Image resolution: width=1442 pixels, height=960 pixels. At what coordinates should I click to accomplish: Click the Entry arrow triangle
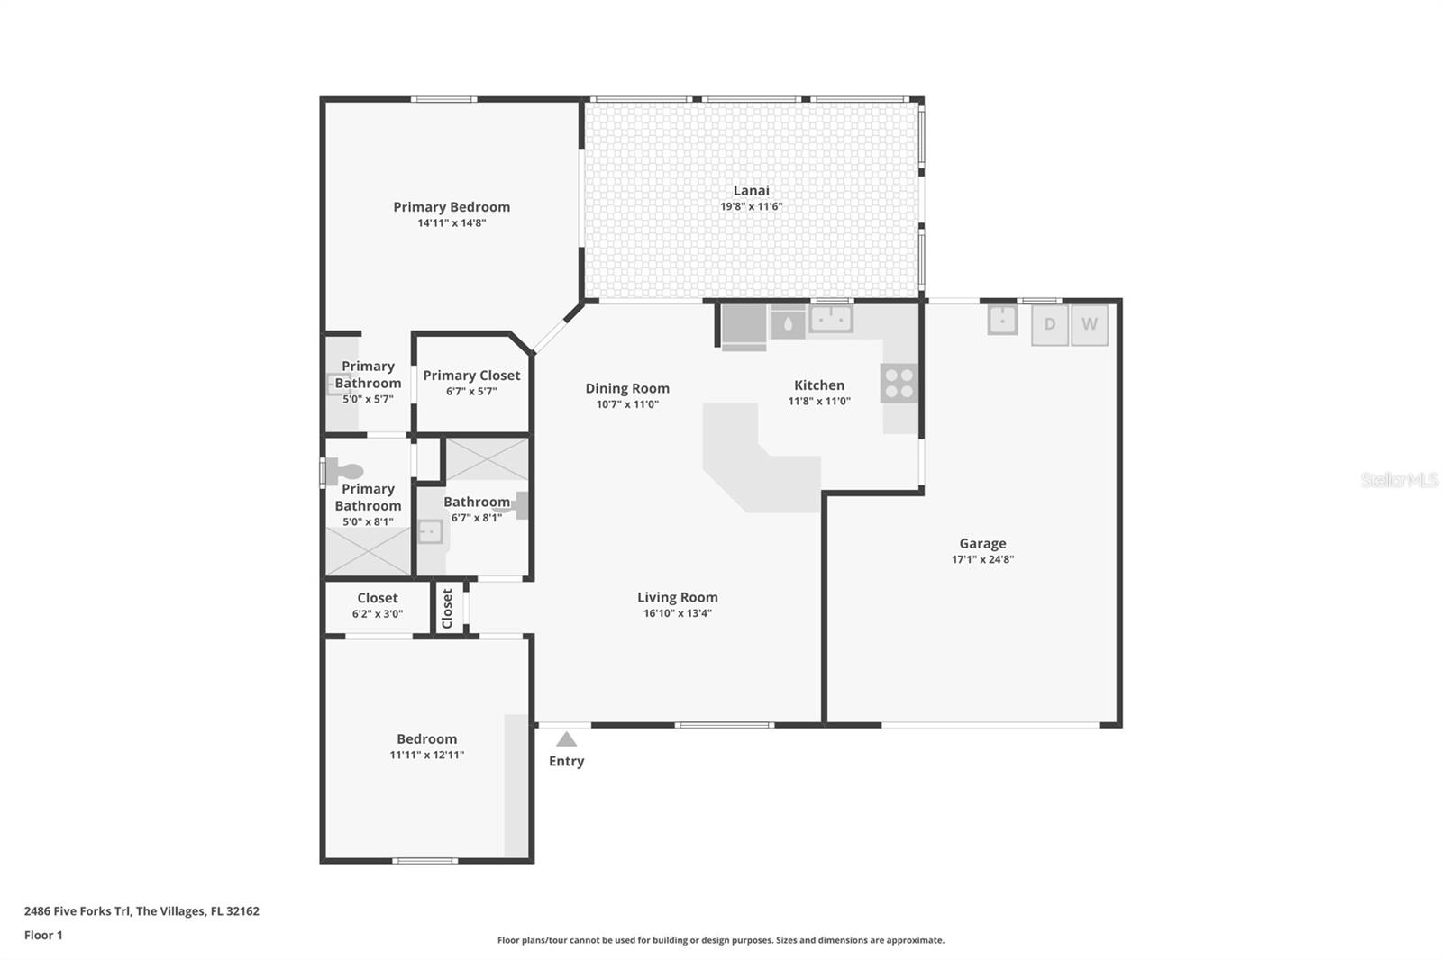(566, 740)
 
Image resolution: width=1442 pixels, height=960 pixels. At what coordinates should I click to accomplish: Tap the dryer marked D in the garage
(1049, 324)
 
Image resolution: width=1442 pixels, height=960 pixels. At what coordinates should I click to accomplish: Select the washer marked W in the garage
(1090, 324)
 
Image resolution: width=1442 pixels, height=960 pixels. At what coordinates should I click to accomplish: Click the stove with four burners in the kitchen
(899, 383)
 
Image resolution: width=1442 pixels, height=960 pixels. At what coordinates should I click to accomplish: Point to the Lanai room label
(751, 190)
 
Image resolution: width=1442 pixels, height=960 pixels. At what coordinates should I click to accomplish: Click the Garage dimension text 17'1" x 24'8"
(982, 559)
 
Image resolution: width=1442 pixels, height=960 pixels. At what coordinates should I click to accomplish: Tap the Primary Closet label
(471, 376)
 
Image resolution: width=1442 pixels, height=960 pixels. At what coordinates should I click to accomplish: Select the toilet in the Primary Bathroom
(346, 471)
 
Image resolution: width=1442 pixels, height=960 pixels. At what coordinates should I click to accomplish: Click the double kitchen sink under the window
(831, 318)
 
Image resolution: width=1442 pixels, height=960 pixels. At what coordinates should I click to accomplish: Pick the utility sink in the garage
(1002, 320)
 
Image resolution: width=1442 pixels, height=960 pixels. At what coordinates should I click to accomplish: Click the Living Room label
(677, 597)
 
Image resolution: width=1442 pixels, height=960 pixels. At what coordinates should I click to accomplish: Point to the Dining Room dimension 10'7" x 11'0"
(627, 404)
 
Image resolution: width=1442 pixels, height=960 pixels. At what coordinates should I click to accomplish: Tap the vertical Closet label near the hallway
(447, 609)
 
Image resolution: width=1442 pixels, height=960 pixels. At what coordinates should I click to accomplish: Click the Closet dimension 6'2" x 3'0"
(377, 614)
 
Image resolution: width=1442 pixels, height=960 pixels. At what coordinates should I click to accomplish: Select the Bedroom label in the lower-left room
(426, 738)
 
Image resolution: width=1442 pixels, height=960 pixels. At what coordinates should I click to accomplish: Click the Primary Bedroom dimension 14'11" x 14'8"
(452, 223)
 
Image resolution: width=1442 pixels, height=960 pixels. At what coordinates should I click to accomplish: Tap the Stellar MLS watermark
(1399, 480)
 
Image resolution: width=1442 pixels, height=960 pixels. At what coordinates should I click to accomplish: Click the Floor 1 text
(43, 935)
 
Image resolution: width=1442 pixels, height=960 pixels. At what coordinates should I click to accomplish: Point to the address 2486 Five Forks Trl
(78, 910)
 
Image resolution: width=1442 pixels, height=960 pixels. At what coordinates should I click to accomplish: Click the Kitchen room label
(818, 385)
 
